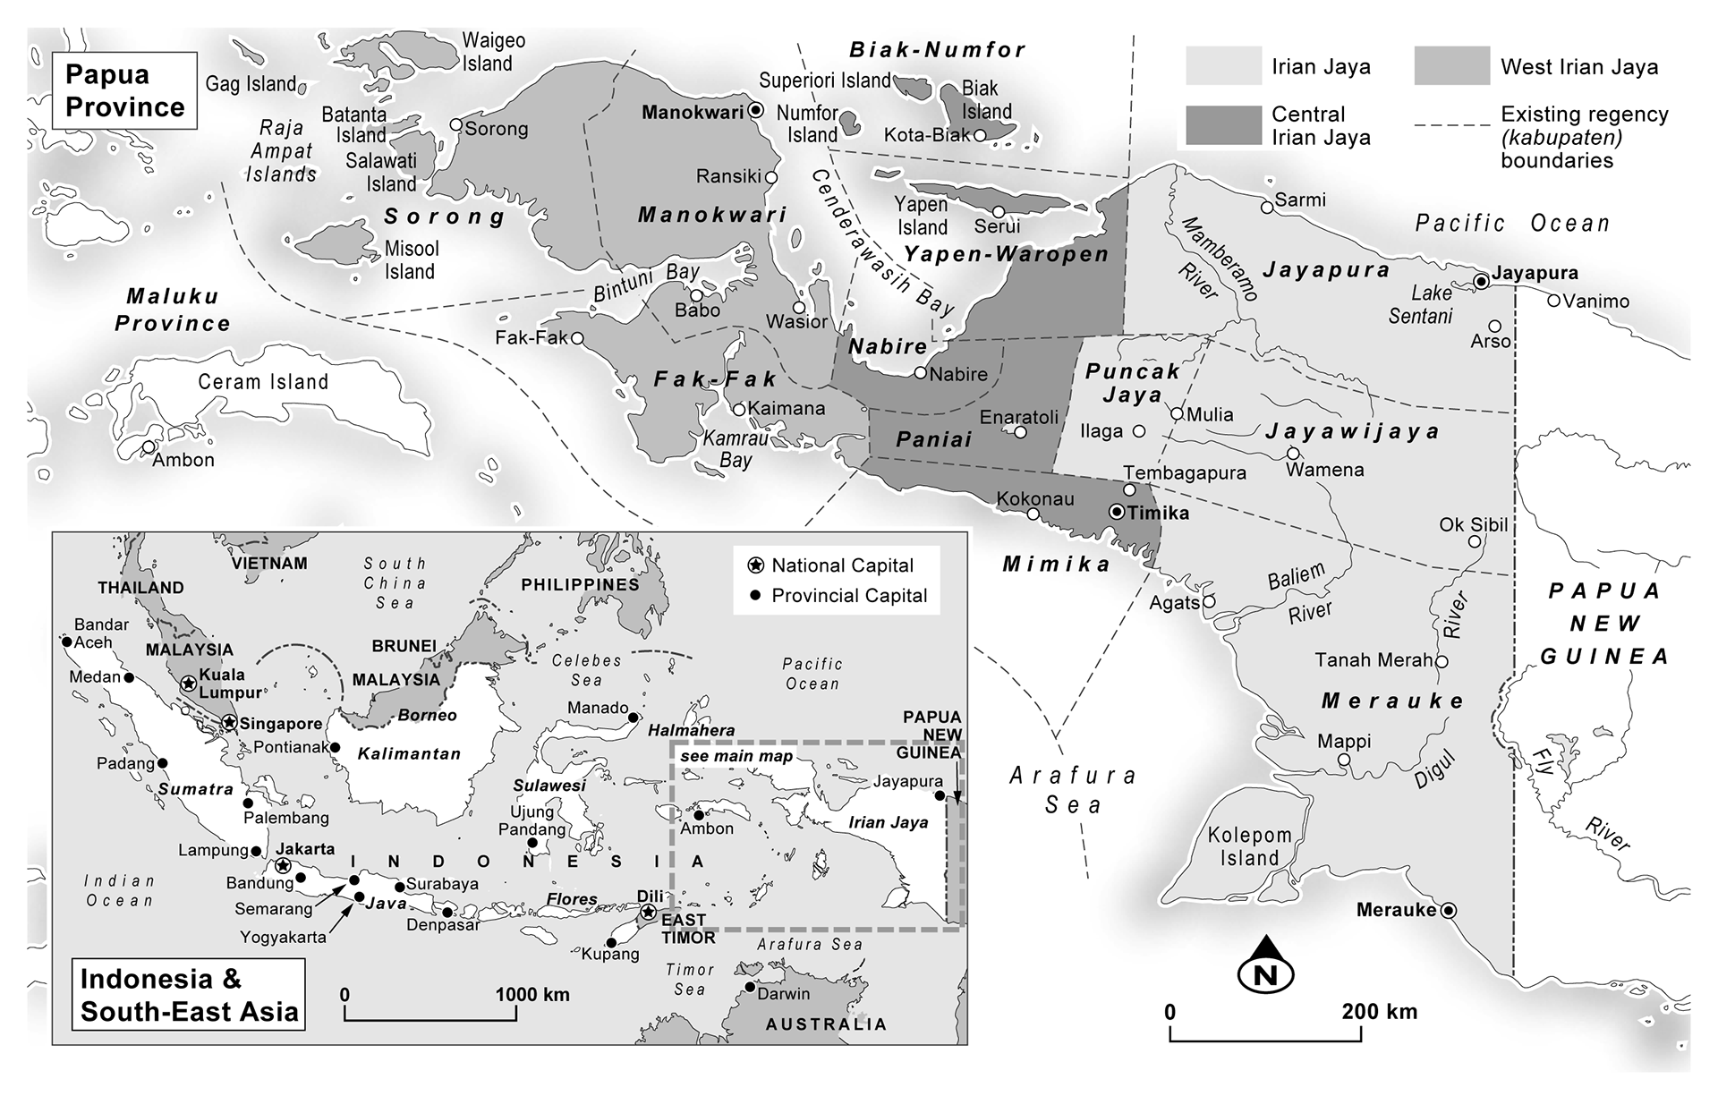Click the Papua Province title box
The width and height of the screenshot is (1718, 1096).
point(124,90)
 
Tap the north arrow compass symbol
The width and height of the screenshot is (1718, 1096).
point(1266,966)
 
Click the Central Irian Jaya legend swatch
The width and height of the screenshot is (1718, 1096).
point(1223,125)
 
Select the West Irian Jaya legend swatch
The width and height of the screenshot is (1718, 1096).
point(1451,66)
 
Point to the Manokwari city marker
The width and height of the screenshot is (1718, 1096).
point(755,111)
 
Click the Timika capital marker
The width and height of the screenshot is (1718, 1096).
point(1116,513)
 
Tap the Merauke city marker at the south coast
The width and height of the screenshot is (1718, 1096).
point(1449,911)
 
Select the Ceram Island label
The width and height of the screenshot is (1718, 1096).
point(263,382)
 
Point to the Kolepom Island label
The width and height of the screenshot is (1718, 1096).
point(1250,846)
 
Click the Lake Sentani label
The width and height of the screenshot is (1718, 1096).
point(1420,304)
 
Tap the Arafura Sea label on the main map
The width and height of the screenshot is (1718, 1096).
point(1073,789)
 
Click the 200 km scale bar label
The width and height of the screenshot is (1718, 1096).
point(1379,1012)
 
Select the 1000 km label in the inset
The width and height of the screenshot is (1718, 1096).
point(532,995)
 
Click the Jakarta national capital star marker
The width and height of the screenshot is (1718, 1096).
point(283,865)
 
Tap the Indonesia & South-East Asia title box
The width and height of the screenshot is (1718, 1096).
point(189,995)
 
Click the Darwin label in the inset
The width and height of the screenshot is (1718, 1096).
point(783,993)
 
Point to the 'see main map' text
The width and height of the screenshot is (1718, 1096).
point(736,757)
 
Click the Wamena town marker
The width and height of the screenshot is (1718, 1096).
point(1293,454)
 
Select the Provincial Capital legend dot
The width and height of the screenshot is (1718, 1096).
point(755,596)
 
